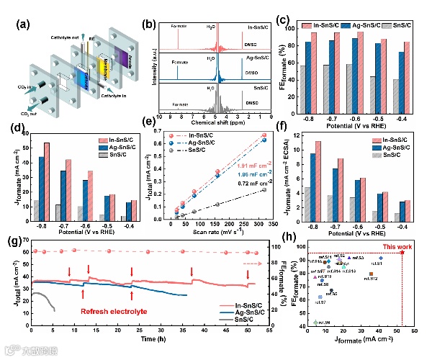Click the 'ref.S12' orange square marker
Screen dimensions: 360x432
(371, 274)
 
